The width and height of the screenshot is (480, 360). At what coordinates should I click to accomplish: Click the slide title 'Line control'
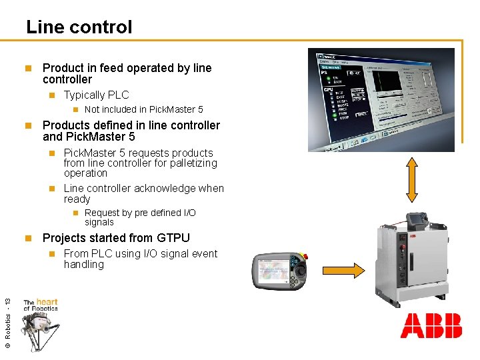[79, 27]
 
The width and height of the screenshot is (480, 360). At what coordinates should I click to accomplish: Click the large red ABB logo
[431, 327]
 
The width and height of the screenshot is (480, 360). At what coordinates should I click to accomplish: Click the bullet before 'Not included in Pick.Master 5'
[75, 109]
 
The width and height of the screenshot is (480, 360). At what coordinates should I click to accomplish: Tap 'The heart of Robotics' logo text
[41, 305]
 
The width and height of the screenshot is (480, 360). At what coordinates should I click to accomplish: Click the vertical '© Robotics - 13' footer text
[7, 323]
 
